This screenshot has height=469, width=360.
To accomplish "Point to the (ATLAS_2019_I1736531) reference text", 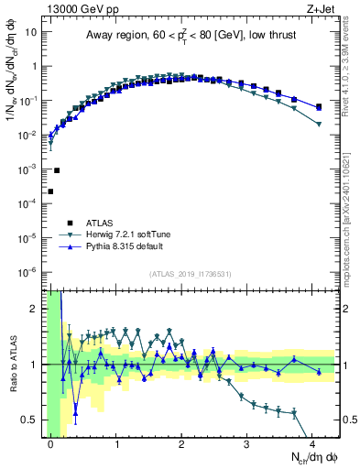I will [x=190, y=274].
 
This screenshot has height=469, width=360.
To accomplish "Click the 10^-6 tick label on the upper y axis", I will [x=27, y=272].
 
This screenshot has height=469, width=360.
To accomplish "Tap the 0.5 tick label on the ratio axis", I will [x=27, y=420].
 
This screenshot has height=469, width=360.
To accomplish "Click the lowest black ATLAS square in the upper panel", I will [x=50, y=191].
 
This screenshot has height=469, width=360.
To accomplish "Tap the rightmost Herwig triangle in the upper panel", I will [x=319, y=125].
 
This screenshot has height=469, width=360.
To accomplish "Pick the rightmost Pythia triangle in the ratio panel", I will [x=319, y=370].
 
